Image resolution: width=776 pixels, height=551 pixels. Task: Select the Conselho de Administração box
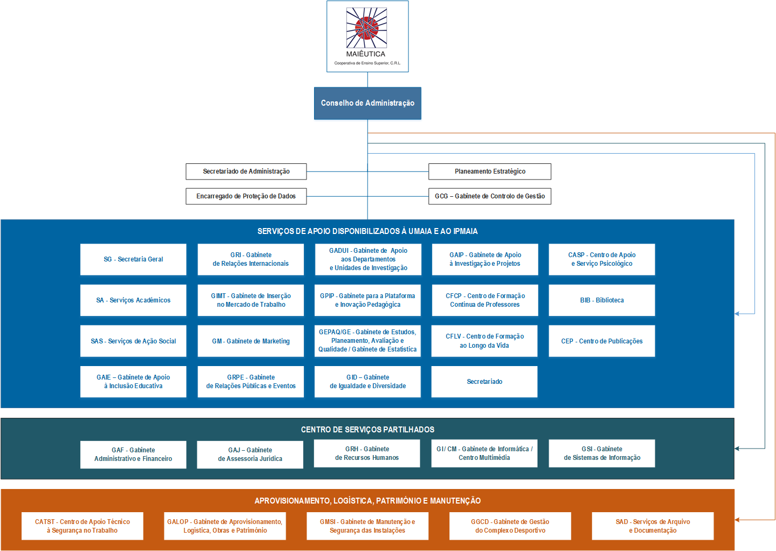pyautogui.click(x=367, y=103)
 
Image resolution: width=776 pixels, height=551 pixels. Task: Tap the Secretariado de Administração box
pyautogui.click(x=246, y=171)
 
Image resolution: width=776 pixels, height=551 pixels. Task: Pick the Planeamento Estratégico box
pyautogui.click(x=489, y=171)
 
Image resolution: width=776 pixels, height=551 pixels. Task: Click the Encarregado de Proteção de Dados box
pyautogui.click(x=246, y=196)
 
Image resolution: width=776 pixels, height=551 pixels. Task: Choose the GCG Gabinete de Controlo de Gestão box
pyautogui.click(x=489, y=196)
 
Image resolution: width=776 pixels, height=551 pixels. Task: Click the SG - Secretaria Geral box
pyautogui.click(x=133, y=259)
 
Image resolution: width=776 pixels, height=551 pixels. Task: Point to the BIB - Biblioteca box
pyautogui.click(x=602, y=300)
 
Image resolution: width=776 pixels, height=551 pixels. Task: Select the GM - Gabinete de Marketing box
pyautogui.click(x=250, y=341)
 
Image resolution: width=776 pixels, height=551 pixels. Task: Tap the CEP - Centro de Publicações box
pyautogui.click(x=602, y=341)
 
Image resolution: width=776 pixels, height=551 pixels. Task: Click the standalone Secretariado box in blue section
pyautogui.click(x=484, y=382)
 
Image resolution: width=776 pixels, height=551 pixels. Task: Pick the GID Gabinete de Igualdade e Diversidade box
pyautogui.click(x=367, y=382)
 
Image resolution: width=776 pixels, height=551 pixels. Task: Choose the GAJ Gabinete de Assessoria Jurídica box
pyautogui.click(x=250, y=454)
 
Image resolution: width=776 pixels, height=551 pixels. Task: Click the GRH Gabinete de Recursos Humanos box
pyautogui.click(x=367, y=453)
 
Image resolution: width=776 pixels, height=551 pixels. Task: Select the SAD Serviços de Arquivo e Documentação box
pyautogui.click(x=652, y=526)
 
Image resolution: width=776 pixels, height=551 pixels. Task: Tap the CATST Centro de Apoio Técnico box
pyautogui.click(x=83, y=526)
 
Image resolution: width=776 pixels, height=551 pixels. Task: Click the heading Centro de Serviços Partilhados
pyautogui.click(x=367, y=430)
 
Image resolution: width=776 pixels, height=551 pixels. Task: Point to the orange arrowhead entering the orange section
pyautogui.click(x=738, y=520)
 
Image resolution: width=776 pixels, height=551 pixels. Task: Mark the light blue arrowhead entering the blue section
pyautogui.click(x=738, y=314)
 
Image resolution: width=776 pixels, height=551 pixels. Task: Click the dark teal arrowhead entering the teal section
pyautogui.click(x=738, y=449)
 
